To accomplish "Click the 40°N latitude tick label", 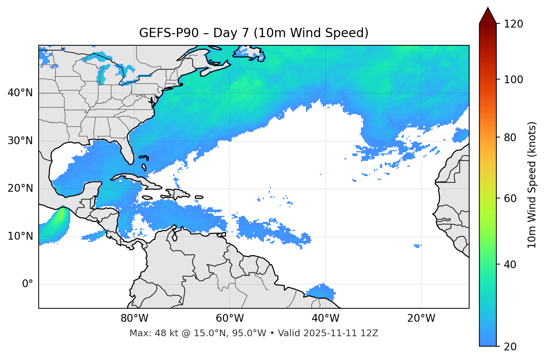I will (x=20, y=93).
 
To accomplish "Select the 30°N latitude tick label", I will (x=20, y=141).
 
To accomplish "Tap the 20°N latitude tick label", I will (x=20, y=188).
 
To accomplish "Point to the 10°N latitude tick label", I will (x=20, y=236).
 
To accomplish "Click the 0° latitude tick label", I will (x=28, y=284).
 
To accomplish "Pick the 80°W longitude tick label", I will (x=134, y=318).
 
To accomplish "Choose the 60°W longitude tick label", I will (x=230, y=318).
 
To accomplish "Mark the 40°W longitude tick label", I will (x=325, y=318).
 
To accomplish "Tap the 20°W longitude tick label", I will (x=421, y=318).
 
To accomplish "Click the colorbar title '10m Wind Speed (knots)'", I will (x=532, y=185).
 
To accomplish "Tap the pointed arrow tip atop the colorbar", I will (x=488, y=9).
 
